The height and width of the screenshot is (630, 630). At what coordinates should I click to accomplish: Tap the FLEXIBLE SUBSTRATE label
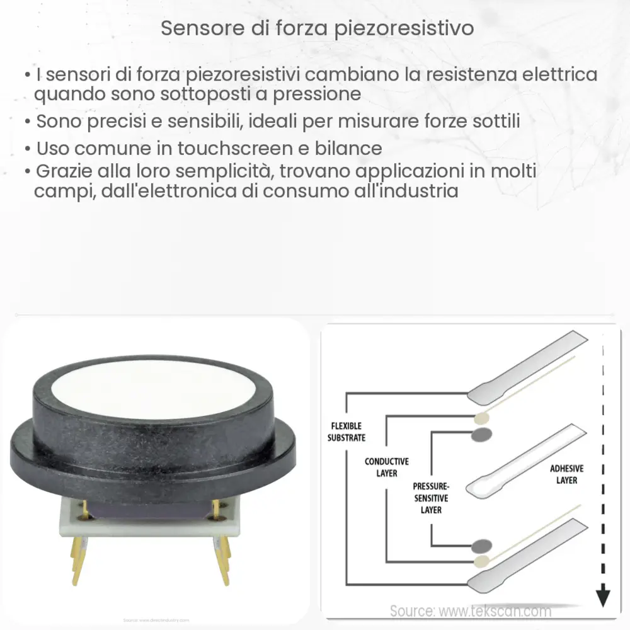pyautogui.click(x=346, y=432)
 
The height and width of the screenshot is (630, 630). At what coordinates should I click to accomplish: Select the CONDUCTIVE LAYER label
pyautogui.click(x=387, y=467)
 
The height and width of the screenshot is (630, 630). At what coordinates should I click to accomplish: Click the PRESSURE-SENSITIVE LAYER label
pyautogui.click(x=431, y=498)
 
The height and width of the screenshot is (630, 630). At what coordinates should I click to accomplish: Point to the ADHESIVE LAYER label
pyautogui.click(x=567, y=474)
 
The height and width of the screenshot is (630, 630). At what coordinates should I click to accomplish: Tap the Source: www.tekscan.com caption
pyautogui.click(x=470, y=610)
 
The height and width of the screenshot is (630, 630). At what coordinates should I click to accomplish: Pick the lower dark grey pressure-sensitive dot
pyautogui.click(x=483, y=545)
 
